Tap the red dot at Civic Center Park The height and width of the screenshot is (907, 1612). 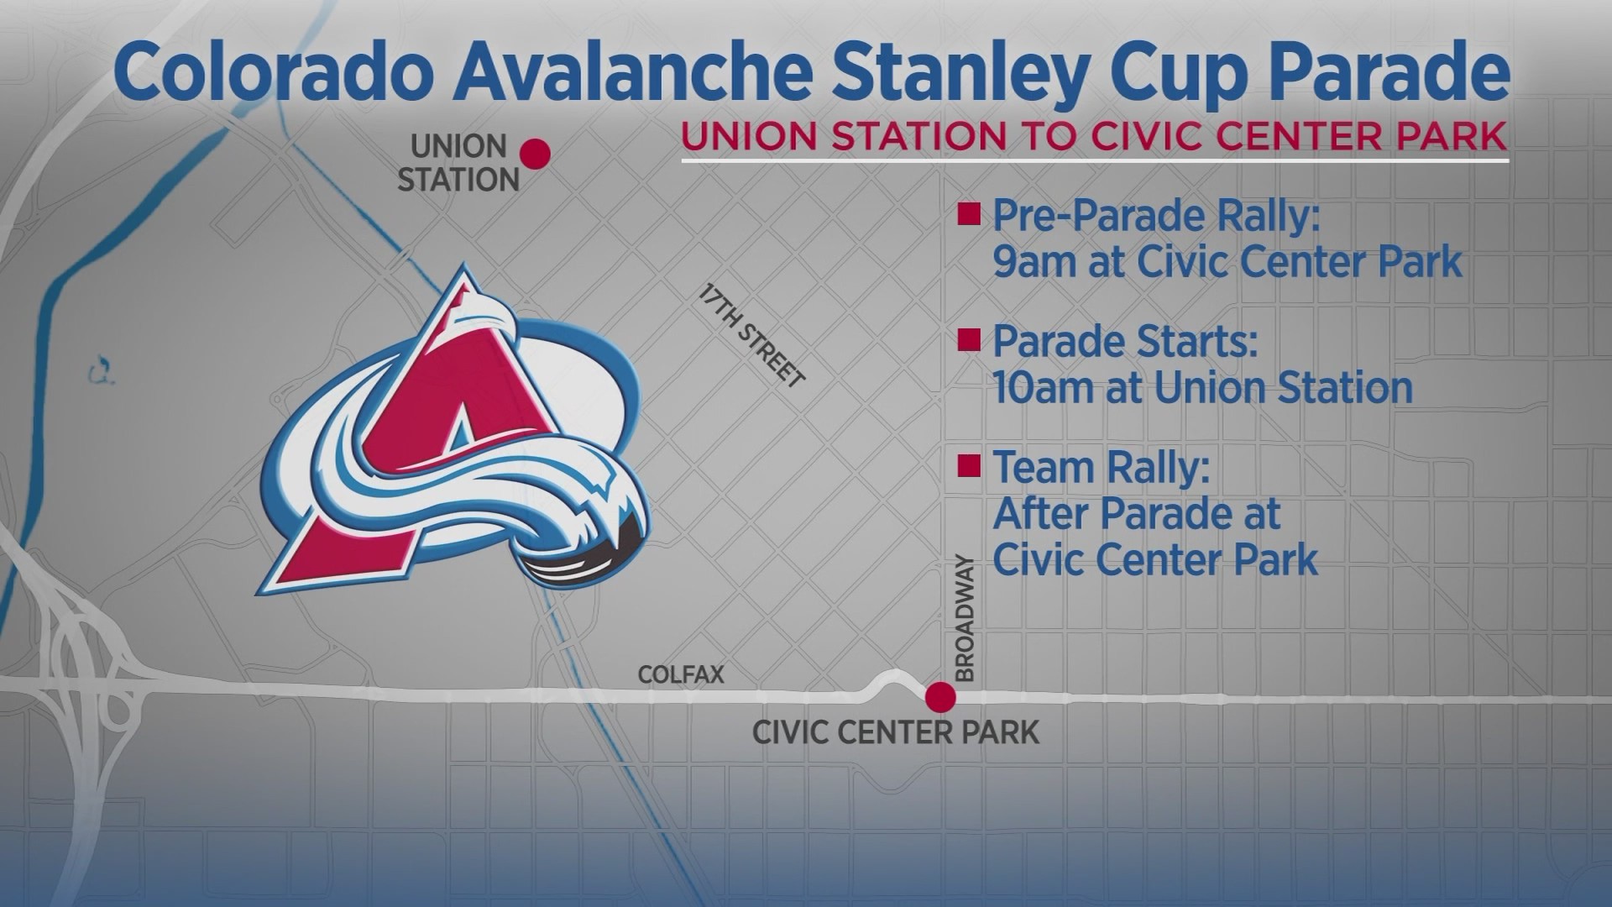point(940,696)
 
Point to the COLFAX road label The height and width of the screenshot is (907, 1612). point(681,674)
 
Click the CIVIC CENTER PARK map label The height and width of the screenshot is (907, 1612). point(896,731)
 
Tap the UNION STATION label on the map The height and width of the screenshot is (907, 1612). point(458,163)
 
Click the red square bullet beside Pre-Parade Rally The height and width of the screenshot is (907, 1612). point(970,217)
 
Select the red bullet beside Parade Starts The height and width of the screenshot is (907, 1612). point(970,340)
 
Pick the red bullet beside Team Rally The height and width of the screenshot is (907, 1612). point(970,465)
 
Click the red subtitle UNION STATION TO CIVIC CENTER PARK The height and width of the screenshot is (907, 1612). point(1095,136)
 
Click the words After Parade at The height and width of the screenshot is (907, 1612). point(1137,512)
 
